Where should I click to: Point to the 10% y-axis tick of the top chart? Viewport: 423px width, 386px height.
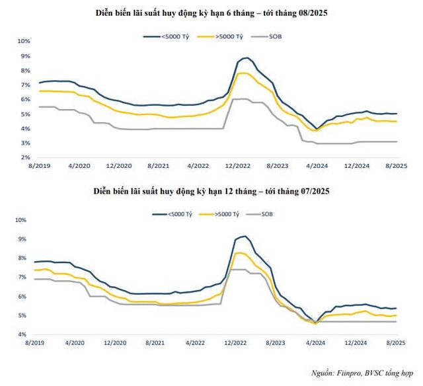pos(24,41)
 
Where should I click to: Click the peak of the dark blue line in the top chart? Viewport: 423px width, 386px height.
pos(247,58)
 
